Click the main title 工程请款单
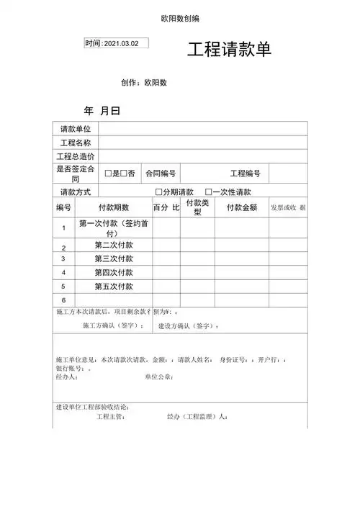pyautogui.click(x=229, y=50)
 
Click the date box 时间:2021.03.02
pyautogui.click(x=117, y=43)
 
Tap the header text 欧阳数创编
pyautogui.click(x=180, y=18)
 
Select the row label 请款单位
pyautogui.click(x=76, y=128)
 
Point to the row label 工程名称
pyautogui.click(x=76, y=143)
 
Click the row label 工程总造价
pyautogui.click(x=76, y=156)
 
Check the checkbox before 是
pyautogui.click(x=108, y=174)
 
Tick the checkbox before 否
pyautogui.click(x=125, y=174)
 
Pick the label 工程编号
pyautogui.click(x=246, y=174)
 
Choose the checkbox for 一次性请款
pyautogui.click(x=208, y=192)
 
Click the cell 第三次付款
pyautogui.click(x=114, y=258)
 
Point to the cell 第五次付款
pyautogui.click(x=114, y=287)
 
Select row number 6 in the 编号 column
pyautogui.click(x=63, y=299)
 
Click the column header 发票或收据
pyautogui.click(x=288, y=207)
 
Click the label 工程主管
pyautogui.click(x=111, y=416)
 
